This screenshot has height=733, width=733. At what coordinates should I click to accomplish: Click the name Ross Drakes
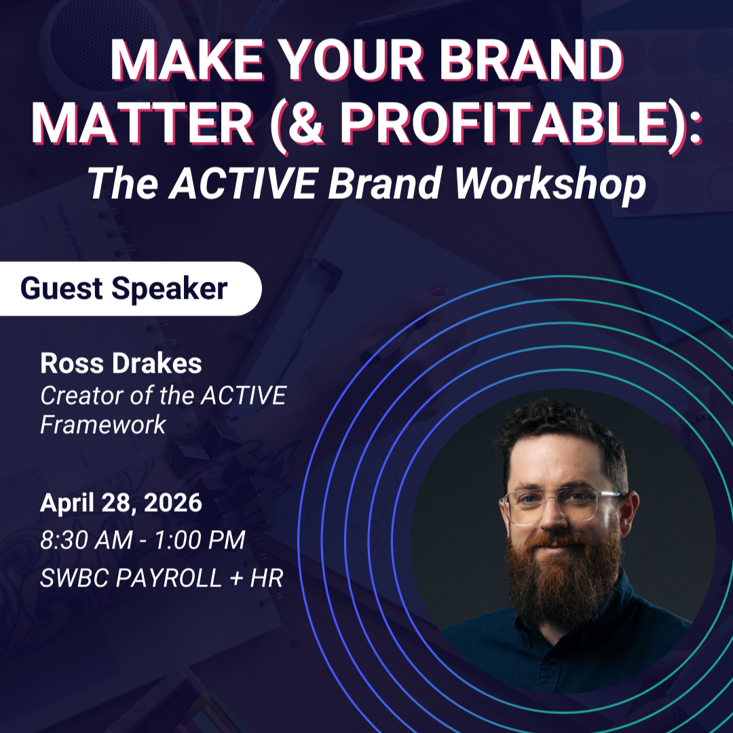[121, 364]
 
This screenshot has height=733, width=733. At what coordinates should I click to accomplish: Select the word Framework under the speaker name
[102, 425]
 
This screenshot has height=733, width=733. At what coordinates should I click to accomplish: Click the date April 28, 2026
[121, 503]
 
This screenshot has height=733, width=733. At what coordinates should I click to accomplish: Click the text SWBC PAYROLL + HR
[162, 578]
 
